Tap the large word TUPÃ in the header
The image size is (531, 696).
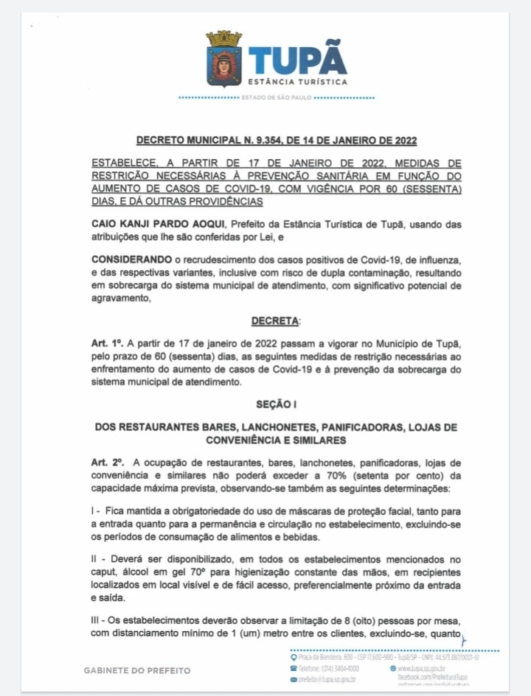point(298,60)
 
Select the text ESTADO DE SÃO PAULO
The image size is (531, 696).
point(277,97)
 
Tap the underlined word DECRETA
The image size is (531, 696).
point(275,321)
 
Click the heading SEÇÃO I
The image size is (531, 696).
point(276,404)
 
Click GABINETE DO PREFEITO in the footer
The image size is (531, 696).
point(138,670)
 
